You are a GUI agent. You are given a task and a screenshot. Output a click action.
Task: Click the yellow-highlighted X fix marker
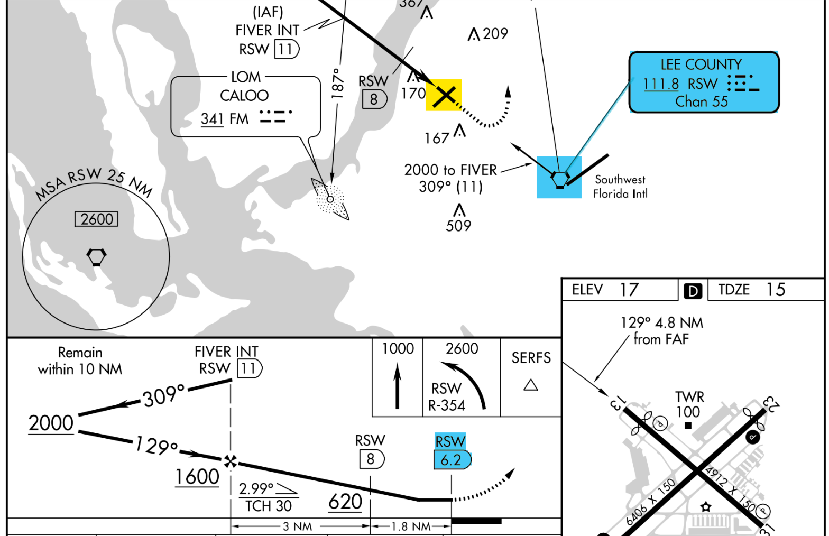[445, 95]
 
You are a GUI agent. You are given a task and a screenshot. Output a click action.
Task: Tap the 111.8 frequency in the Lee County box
[661, 84]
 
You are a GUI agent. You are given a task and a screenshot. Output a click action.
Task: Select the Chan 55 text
[702, 101]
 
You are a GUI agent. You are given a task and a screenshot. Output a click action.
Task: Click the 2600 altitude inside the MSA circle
[97, 219]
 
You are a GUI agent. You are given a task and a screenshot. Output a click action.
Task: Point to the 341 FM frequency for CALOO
[225, 119]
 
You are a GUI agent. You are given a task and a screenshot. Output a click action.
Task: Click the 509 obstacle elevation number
[458, 226]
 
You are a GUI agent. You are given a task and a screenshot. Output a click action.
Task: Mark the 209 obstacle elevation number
[495, 34]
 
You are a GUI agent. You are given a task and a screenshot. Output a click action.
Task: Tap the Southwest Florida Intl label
[620, 187]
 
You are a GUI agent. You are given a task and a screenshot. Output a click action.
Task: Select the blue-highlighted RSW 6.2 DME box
[452, 459]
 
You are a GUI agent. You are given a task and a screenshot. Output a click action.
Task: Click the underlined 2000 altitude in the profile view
[51, 423]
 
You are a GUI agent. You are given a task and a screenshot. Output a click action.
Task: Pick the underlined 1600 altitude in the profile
[197, 476]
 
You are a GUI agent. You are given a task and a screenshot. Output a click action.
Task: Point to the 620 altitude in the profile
[345, 501]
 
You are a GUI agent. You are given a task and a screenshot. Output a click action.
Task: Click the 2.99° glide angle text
[256, 488]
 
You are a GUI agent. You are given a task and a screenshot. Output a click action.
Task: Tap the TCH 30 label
[269, 506]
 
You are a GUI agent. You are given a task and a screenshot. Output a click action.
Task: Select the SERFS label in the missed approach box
[531, 358]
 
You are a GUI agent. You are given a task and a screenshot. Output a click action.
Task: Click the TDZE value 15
[776, 290]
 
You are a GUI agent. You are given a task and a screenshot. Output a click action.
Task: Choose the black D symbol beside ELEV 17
[693, 291]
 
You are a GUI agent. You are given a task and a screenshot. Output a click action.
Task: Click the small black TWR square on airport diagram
[688, 425]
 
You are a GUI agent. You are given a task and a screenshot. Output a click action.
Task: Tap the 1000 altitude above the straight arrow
[398, 349]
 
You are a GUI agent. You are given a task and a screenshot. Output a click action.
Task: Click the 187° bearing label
[337, 83]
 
